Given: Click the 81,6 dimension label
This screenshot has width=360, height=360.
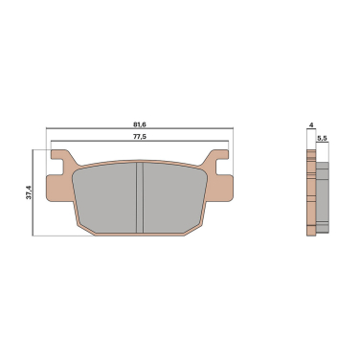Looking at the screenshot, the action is (140, 124).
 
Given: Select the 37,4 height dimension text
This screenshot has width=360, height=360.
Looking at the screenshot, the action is (29, 192).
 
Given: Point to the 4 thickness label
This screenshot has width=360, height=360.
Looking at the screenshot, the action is (311, 124).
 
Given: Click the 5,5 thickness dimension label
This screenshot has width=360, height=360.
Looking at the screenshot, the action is (322, 138).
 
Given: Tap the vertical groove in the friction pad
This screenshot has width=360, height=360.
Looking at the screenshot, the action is (140, 198).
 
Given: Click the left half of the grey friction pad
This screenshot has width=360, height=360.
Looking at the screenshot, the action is (104, 198).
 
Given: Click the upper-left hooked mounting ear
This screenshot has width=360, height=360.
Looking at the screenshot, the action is (63, 158).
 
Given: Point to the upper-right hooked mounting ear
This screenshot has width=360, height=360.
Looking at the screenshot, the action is (216, 158).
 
